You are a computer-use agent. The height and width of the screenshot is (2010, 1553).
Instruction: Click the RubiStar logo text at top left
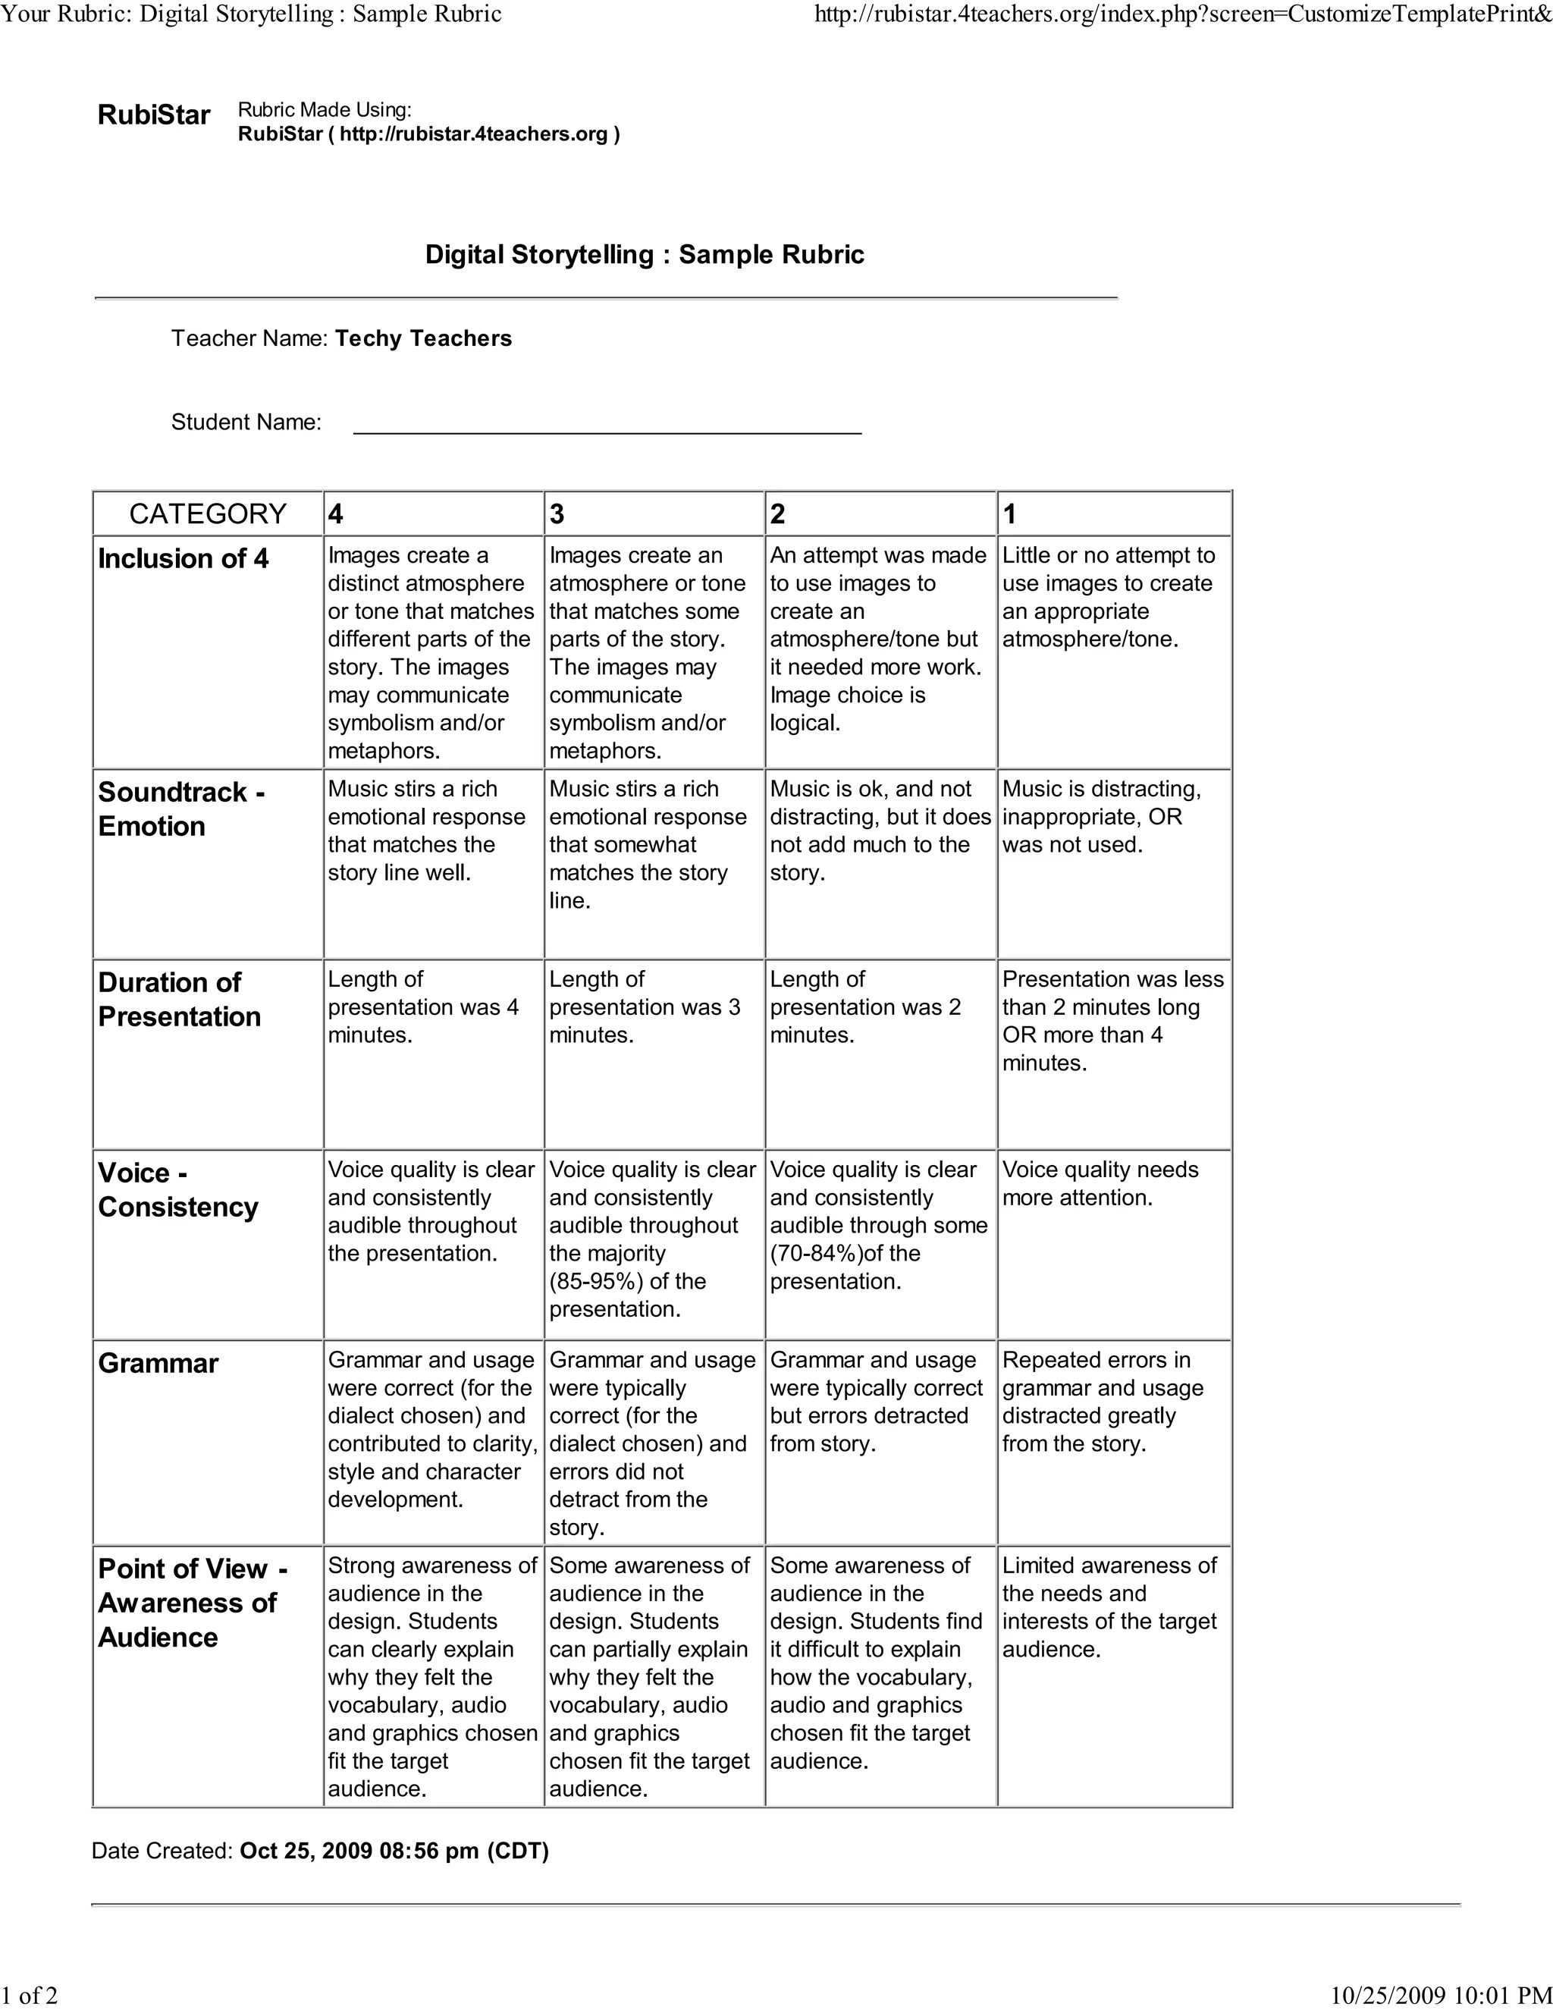pyautogui.click(x=154, y=115)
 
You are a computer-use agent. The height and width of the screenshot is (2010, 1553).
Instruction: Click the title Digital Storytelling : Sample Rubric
pyautogui.click(x=644, y=255)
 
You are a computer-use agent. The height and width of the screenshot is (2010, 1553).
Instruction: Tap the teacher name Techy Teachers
pyautogui.click(x=423, y=339)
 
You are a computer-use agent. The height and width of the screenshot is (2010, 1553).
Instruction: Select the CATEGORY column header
pyautogui.click(x=208, y=513)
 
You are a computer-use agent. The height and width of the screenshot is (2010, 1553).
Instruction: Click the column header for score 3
pyautogui.click(x=557, y=513)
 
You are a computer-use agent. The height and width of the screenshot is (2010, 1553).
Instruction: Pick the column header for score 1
pyautogui.click(x=1009, y=513)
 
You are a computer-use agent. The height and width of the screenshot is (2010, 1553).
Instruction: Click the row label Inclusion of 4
pyautogui.click(x=183, y=559)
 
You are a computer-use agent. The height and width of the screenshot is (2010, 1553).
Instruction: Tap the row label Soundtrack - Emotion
pyautogui.click(x=180, y=809)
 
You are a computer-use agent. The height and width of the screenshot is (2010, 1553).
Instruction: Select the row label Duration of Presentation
pyautogui.click(x=180, y=1000)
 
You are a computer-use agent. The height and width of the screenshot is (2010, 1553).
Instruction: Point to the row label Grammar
pyautogui.click(x=158, y=1363)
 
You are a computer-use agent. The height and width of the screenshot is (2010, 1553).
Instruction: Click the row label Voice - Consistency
pyautogui.click(x=177, y=1190)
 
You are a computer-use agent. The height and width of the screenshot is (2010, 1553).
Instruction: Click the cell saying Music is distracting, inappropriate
pyautogui.click(x=1100, y=816)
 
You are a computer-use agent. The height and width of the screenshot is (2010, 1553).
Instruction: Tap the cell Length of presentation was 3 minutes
pyautogui.click(x=644, y=1007)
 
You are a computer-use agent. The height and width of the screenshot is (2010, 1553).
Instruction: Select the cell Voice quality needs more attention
pyautogui.click(x=1100, y=1183)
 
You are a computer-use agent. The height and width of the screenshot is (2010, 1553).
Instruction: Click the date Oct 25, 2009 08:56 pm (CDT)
pyautogui.click(x=394, y=1851)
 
